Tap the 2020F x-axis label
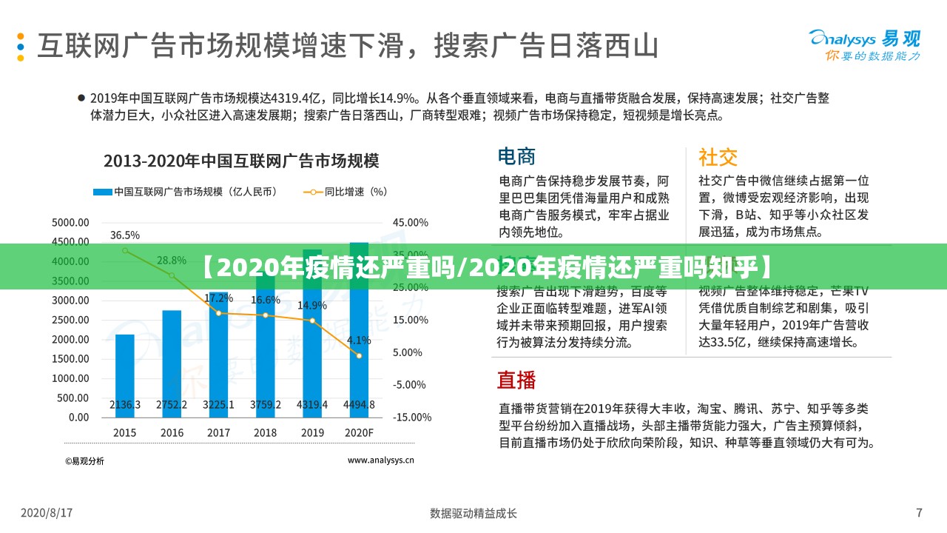pyautogui.click(x=358, y=432)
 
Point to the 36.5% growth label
pyautogui.click(x=125, y=235)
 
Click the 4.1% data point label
pyautogui.click(x=359, y=341)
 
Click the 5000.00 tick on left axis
pyautogui.click(x=70, y=222)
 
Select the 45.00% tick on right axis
pyautogui.click(x=410, y=222)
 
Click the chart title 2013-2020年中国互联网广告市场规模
pyautogui.click(x=241, y=161)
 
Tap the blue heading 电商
pyautogui.click(x=516, y=156)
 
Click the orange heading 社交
pyautogui.click(x=718, y=157)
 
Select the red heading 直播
pyautogui.click(x=516, y=380)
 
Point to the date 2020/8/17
pyautogui.click(x=47, y=512)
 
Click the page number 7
pyautogui.click(x=919, y=512)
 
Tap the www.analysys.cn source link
pyautogui.click(x=380, y=460)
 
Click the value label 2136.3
pyautogui.click(x=125, y=405)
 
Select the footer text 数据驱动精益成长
pyautogui.click(x=473, y=513)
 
